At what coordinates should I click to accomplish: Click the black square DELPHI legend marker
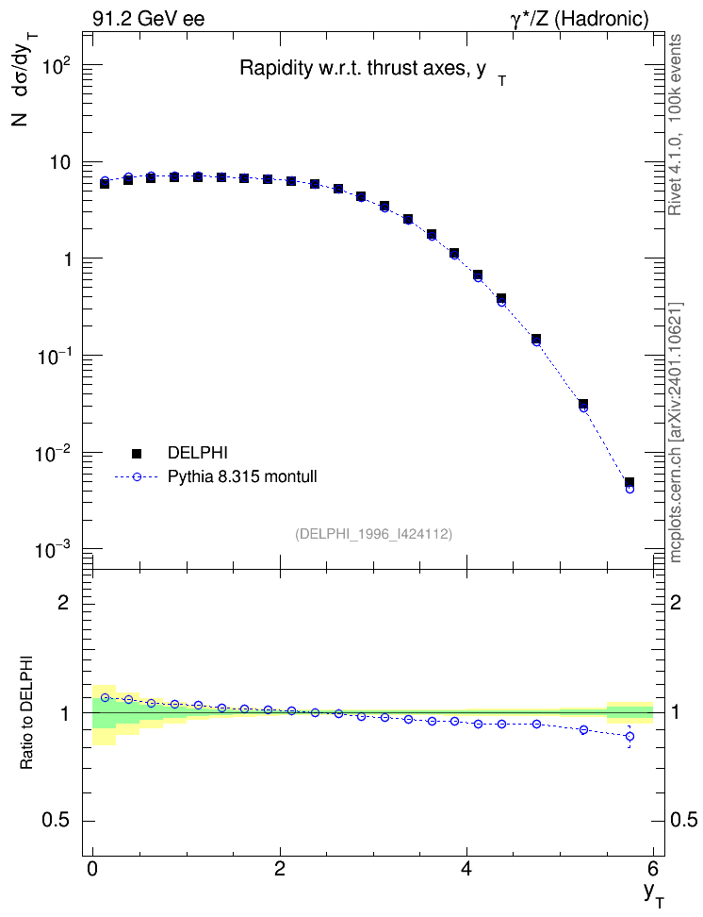pyautogui.click(x=137, y=453)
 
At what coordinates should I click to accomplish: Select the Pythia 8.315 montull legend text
pyautogui.click(x=242, y=476)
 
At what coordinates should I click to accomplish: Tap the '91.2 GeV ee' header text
pyautogui.click(x=149, y=19)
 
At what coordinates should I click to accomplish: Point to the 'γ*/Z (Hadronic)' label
pyautogui.click(x=579, y=19)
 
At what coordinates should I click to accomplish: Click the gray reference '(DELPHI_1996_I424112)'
pyautogui.click(x=374, y=533)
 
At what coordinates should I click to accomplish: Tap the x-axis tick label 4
pyautogui.click(x=466, y=867)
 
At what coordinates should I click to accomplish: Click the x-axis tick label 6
pyautogui.click(x=653, y=867)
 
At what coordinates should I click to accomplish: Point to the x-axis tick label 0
pyautogui.click(x=92, y=867)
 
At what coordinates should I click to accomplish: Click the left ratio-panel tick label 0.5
pyautogui.click(x=57, y=821)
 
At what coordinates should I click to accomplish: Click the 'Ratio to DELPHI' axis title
pyautogui.click(x=27, y=711)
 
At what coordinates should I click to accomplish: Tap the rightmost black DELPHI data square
pyautogui.click(x=629, y=482)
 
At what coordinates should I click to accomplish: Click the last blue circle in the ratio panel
pyautogui.click(x=629, y=736)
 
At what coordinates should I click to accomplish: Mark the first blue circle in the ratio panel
pyautogui.click(x=106, y=697)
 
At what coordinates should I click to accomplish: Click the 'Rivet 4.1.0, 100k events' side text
pyautogui.click(x=675, y=125)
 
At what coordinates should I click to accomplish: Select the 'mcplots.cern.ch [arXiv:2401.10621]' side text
pyautogui.click(x=676, y=433)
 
